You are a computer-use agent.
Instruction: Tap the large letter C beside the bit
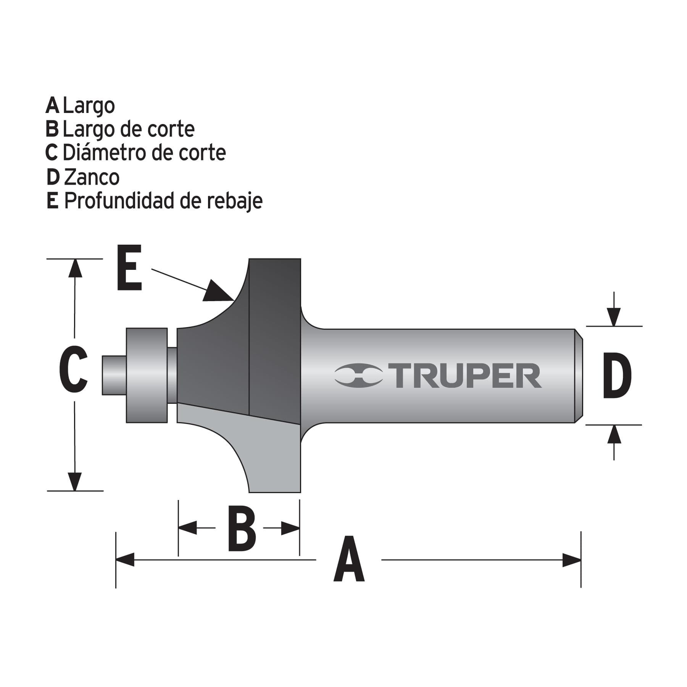[x=73, y=369]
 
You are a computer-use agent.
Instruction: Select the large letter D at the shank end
[x=617, y=376]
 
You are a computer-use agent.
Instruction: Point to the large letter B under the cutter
[x=242, y=528]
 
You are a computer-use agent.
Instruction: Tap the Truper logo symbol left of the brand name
[x=358, y=376]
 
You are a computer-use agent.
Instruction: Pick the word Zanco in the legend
[x=92, y=177]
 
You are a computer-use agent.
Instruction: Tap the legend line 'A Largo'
[x=80, y=105]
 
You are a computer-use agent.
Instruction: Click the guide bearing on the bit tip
[x=147, y=375]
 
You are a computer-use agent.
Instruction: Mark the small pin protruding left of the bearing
[x=113, y=375]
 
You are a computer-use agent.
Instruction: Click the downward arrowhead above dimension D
[x=614, y=316]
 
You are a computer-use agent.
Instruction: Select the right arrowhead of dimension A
[x=572, y=560]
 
